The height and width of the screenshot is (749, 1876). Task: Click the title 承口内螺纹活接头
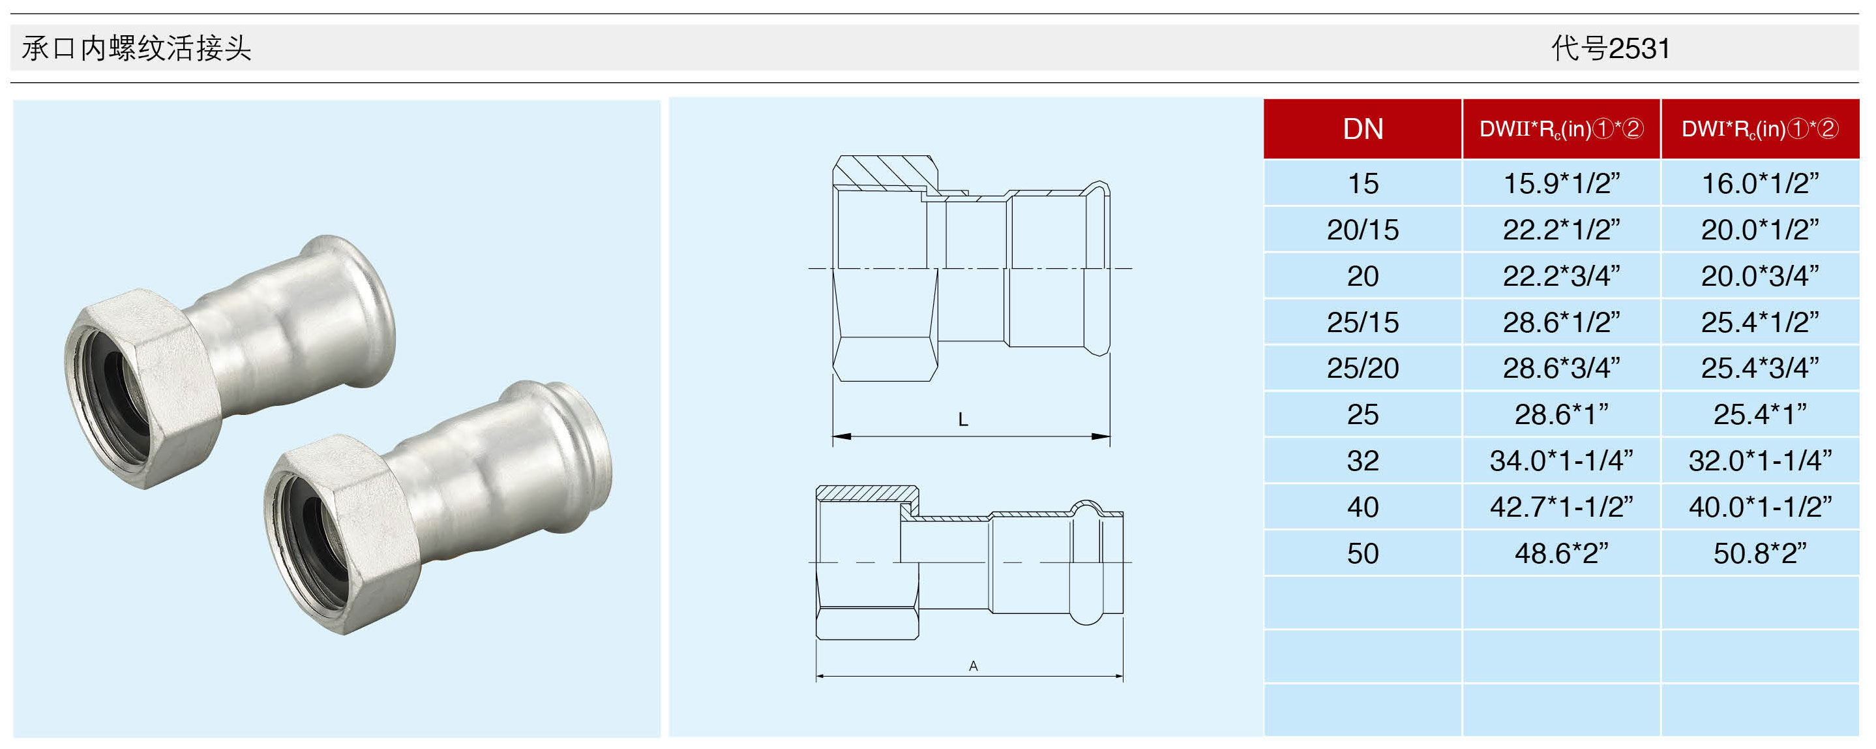click(136, 48)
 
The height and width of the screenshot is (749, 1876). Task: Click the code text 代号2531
click(1610, 48)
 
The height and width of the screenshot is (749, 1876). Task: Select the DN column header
click(1363, 129)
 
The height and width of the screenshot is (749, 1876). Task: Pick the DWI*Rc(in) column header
click(1760, 129)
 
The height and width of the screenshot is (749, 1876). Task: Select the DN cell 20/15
click(1363, 230)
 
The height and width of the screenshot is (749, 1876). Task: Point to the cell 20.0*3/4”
click(1760, 276)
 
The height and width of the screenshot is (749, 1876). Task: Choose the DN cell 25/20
click(1363, 369)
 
